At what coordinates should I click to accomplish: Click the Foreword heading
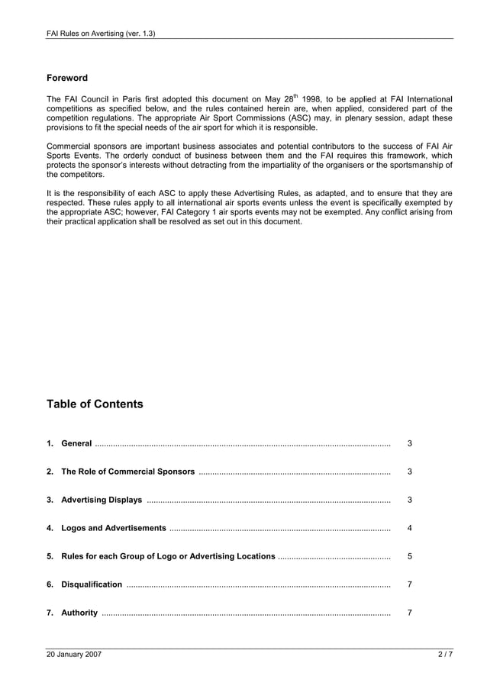click(67, 78)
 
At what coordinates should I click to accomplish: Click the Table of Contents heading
click(95, 404)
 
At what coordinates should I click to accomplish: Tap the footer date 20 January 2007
click(74, 655)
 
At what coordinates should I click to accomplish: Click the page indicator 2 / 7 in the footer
click(445, 655)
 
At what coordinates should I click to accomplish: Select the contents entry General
click(76, 444)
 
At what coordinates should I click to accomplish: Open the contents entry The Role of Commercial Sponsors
click(127, 472)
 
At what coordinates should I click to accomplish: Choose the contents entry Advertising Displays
click(102, 501)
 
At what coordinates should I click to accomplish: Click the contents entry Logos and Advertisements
click(113, 528)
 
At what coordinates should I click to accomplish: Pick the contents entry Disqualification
click(91, 584)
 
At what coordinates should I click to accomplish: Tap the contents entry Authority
click(79, 613)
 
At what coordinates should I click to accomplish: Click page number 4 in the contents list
click(410, 528)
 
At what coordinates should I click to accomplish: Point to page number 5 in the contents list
click(410, 556)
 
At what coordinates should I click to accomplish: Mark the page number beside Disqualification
click(410, 584)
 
